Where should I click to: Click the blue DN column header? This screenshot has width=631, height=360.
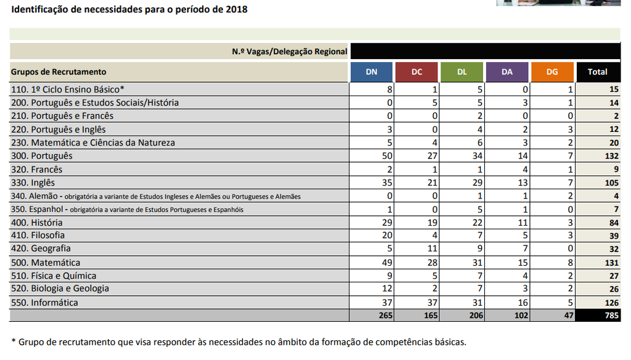[372, 72]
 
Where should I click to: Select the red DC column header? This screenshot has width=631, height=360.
[417, 72]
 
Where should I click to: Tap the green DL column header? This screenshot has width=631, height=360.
[462, 72]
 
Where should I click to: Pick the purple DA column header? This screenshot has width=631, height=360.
[507, 72]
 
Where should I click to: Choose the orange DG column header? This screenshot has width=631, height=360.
[552, 72]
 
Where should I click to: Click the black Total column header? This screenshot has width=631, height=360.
[597, 72]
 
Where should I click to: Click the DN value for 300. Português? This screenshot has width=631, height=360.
[387, 156]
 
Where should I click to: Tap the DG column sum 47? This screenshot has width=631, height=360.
[568, 316]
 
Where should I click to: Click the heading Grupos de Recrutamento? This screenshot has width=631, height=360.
[59, 72]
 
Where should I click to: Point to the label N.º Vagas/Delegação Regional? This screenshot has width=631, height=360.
[290, 52]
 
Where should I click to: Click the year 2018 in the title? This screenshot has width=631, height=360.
[236, 10]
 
